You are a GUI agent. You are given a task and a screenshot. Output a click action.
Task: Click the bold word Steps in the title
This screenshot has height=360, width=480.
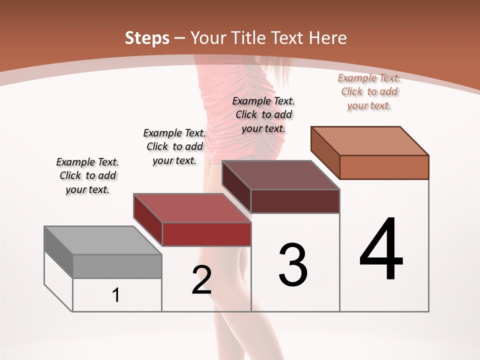[147, 37]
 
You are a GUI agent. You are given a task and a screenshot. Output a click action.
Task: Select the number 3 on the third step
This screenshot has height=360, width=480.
[293, 264]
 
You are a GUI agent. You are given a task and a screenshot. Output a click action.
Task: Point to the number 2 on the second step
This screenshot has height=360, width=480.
[202, 280]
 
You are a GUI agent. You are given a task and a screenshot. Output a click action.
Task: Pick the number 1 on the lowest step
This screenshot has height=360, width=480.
[116, 295]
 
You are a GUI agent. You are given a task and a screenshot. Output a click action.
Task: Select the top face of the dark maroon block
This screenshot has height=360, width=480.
[280, 175]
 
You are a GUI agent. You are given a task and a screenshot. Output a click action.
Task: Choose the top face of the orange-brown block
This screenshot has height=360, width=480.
[370, 141]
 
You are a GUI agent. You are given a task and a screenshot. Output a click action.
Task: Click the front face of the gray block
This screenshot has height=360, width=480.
[117, 266]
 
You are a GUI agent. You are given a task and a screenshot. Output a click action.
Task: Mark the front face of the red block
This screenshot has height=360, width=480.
[206, 234]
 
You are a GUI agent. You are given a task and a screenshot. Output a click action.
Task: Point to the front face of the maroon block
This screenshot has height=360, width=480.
[295, 201]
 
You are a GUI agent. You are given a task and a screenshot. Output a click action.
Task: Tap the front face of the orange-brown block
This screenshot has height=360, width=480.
[384, 167]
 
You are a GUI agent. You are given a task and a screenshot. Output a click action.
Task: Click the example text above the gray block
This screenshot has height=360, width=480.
[87, 175]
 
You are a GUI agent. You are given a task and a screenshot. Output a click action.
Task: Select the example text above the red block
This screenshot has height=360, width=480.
[174, 146]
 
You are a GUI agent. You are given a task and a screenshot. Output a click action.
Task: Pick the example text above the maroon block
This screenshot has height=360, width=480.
[263, 114]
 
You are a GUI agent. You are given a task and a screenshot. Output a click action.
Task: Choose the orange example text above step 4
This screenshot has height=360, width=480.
[369, 91]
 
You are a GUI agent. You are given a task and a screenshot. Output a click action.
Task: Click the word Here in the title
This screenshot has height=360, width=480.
[328, 37]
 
